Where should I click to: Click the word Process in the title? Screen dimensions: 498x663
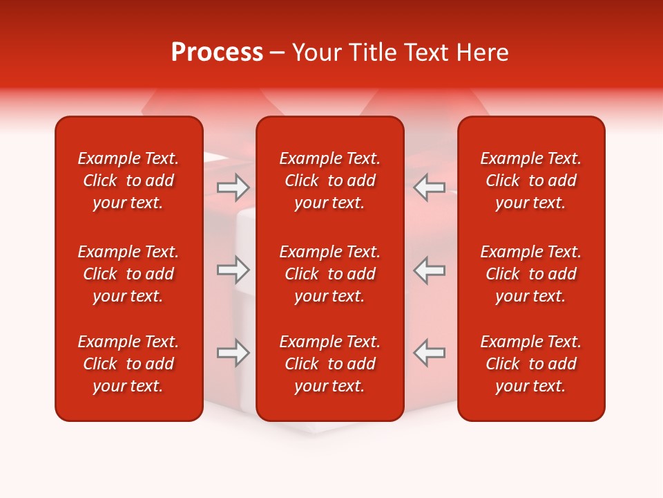coord(217,53)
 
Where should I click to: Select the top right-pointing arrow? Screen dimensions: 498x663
coord(233,187)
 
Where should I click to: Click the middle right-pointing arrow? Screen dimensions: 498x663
coord(233,270)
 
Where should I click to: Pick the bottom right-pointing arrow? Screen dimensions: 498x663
coord(233,353)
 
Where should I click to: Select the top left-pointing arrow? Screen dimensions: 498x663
coord(429,187)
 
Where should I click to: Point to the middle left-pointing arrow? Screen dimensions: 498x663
coord(429,270)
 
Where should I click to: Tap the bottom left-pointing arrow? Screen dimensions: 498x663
coord(429,353)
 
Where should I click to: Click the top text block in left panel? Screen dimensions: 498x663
coord(128,181)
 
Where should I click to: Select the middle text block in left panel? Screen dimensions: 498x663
coord(128,274)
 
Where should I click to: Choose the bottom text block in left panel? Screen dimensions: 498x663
coord(128,364)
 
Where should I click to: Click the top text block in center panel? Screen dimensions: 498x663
coord(330,181)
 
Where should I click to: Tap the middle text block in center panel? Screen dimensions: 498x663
coord(330,274)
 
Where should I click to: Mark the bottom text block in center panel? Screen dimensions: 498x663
coord(330,364)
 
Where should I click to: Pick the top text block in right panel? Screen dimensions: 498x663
coord(531,181)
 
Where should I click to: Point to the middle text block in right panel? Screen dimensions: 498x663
coord(531,274)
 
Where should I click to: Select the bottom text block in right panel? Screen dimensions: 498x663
coord(531,364)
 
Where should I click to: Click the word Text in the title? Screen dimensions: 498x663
coord(425,53)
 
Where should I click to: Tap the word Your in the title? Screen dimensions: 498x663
coord(316,53)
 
